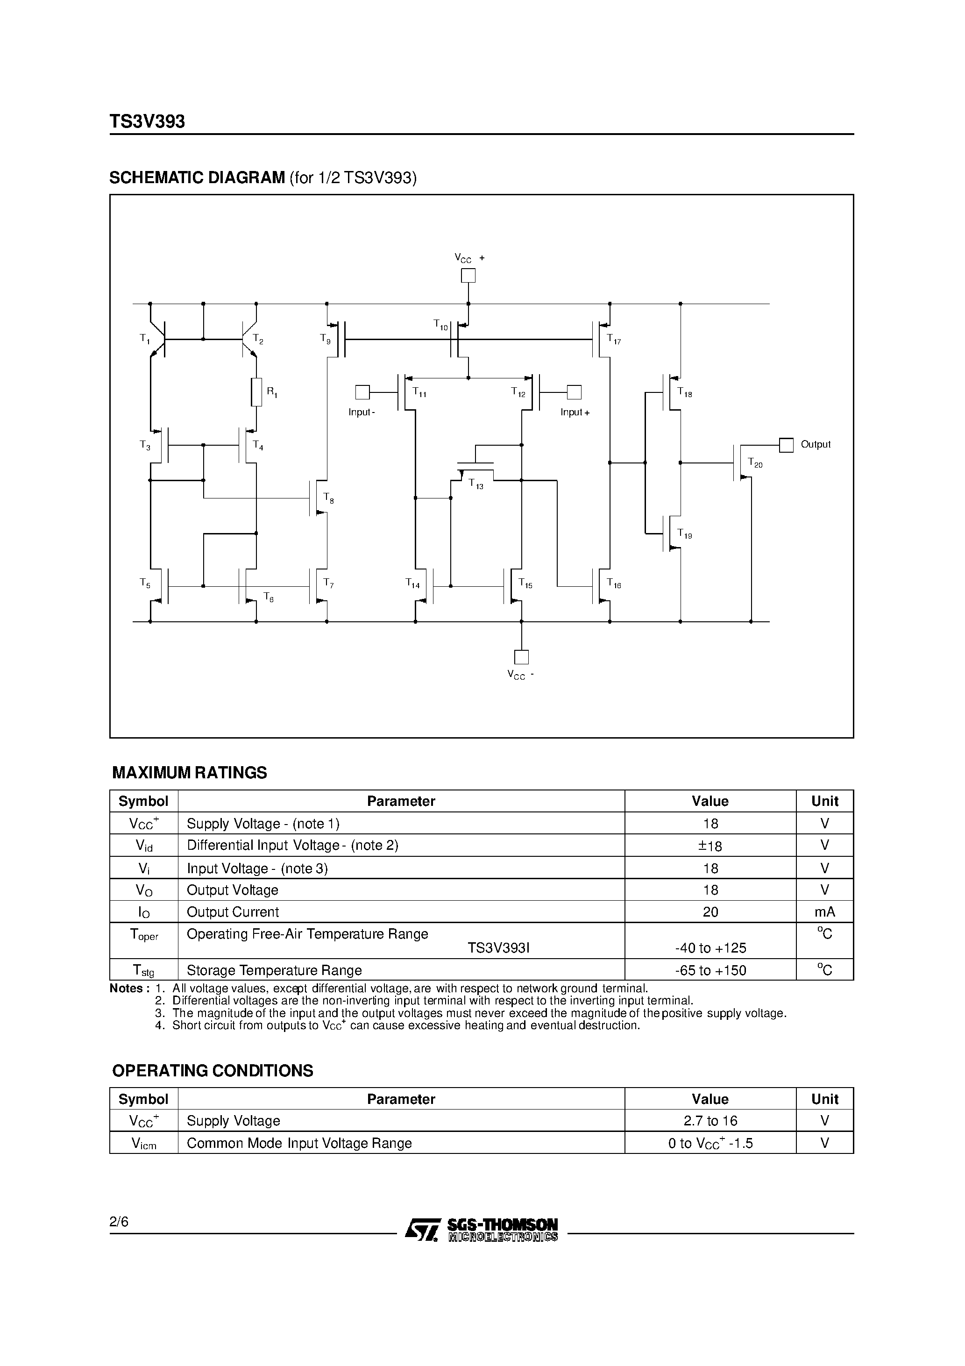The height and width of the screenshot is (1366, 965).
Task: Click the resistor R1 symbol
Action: click(256, 392)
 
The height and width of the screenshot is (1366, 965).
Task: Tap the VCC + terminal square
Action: click(468, 276)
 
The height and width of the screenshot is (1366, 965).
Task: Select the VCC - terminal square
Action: click(521, 657)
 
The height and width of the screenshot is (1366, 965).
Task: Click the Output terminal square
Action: click(786, 445)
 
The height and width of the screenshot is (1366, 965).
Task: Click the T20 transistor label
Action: click(754, 463)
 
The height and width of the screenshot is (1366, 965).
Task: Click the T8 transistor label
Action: click(328, 498)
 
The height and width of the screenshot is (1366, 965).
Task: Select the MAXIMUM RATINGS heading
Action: click(190, 773)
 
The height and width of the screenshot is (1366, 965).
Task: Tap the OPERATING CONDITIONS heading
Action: click(213, 1071)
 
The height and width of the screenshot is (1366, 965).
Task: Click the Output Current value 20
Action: click(710, 912)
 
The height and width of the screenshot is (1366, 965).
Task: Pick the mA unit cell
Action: click(824, 912)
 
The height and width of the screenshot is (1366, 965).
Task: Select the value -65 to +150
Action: click(710, 970)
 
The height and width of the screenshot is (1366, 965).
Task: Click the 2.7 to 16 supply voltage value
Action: click(710, 1121)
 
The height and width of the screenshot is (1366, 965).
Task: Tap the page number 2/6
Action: click(119, 1222)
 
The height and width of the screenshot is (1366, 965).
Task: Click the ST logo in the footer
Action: click(422, 1230)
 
